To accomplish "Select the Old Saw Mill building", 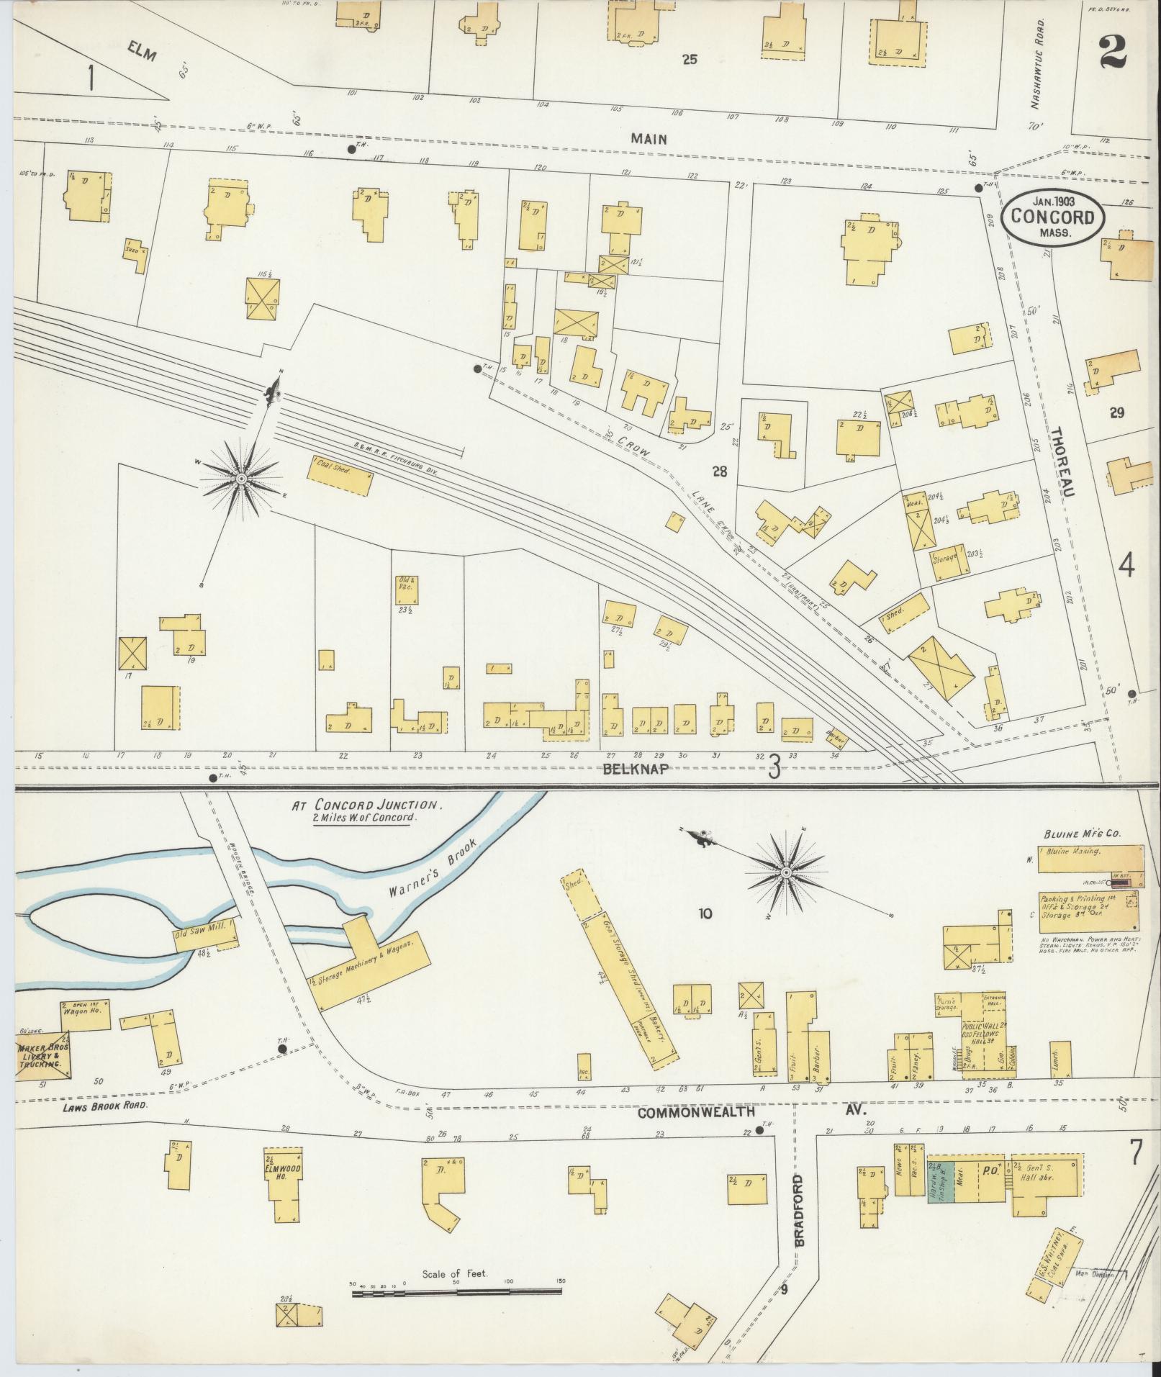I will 206,937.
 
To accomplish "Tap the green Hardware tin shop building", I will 940,1181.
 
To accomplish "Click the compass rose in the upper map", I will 241,479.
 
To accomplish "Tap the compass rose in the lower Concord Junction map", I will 786,873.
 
